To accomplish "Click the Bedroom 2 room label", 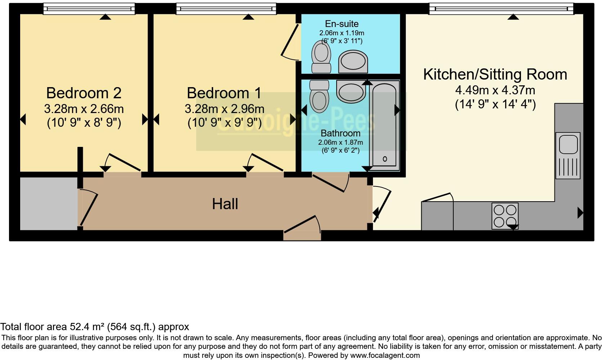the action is point(84,93).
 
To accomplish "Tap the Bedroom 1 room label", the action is point(224,93).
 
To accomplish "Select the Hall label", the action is point(225,204).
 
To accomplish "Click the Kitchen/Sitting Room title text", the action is point(495,75).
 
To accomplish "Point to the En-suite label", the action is point(342,24).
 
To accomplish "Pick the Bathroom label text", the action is point(341,133).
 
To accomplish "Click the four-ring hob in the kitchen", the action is point(505,216).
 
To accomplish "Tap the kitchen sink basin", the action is point(568,144).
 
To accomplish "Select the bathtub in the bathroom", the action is point(384,126).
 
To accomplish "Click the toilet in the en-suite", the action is point(321,57).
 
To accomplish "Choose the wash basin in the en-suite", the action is point(353,62).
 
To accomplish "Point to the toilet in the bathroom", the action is point(319,96).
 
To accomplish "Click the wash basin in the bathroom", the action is point(351,91).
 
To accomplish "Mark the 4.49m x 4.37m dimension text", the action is point(495,90).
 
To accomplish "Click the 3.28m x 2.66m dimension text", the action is point(84,109).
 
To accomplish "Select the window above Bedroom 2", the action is point(89,9).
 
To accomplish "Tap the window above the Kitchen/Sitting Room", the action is point(501,9).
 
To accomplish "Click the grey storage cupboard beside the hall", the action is point(49,204).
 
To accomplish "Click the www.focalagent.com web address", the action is point(385,355).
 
